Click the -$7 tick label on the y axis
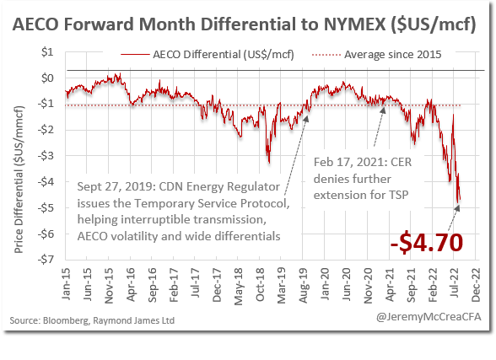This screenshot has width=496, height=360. click(49, 259)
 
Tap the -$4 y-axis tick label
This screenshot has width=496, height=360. click(49, 181)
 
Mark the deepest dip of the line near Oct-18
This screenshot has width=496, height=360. click(268, 163)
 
